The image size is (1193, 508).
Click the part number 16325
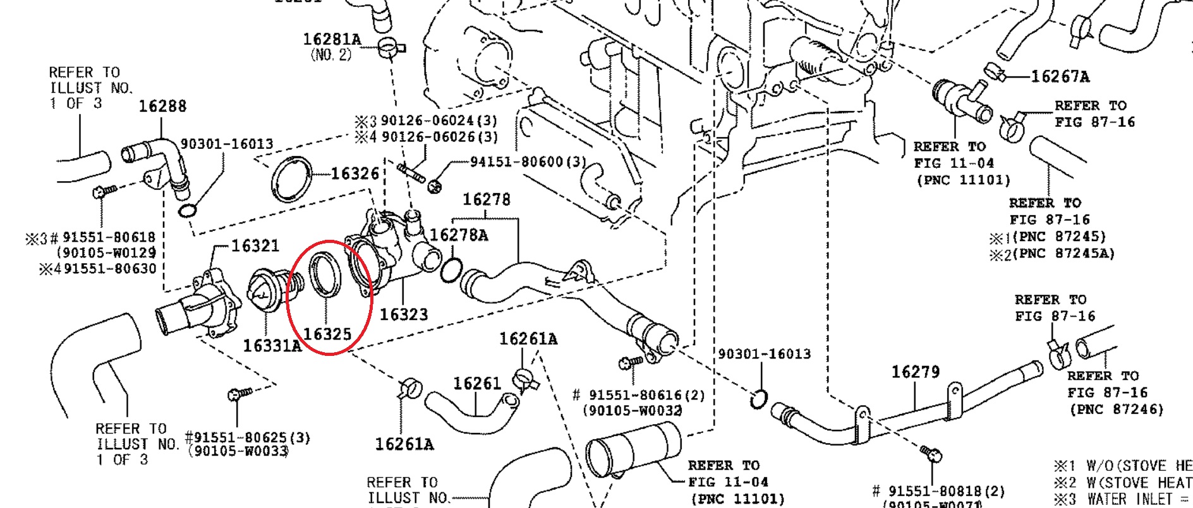pos(327,334)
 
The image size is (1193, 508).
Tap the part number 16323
pos(403,314)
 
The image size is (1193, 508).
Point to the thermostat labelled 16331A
pos(266,292)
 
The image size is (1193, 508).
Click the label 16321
pos(255,245)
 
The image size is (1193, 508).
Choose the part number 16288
pos(162,106)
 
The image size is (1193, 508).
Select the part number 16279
pos(916,372)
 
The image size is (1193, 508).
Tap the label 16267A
pos(1060,77)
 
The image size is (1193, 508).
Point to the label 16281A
pos(332,40)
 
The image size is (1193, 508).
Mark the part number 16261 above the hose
pos(476,383)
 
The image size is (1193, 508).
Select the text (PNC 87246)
pos(1117,410)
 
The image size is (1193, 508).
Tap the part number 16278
pos(486,199)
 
